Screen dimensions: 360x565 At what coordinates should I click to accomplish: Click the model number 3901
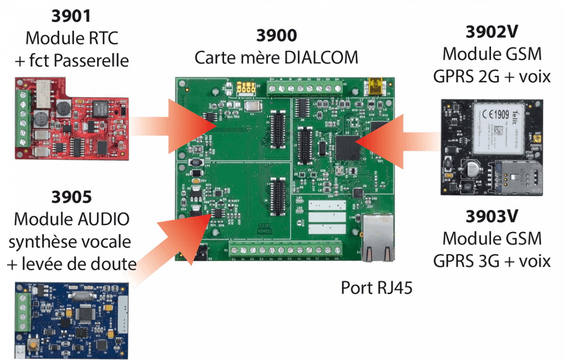click(x=71, y=16)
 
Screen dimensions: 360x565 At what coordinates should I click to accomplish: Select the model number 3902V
click(x=492, y=32)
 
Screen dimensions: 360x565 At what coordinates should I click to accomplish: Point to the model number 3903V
click(x=492, y=216)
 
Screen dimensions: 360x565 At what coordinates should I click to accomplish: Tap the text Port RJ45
click(x=377, y=287)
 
